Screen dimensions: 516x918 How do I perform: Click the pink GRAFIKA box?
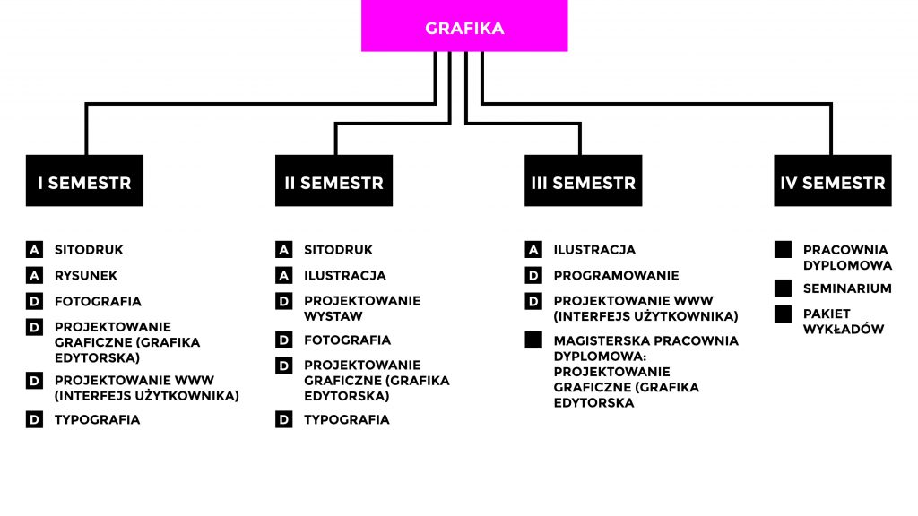click(464, 26)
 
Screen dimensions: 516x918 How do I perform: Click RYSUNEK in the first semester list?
click(86, 276)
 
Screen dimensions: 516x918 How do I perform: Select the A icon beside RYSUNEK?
click(34, 276)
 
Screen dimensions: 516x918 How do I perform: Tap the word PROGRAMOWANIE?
click(616, 276)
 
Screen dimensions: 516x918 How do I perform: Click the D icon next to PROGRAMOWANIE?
click(534, 276)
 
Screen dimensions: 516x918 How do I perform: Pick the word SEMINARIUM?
click(847, 288)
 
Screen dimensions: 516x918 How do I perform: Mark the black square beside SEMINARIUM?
click(784, 288)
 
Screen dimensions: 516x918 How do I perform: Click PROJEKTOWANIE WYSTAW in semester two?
click(361, 308)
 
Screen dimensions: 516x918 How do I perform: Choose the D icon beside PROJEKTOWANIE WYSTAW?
click(284, 301)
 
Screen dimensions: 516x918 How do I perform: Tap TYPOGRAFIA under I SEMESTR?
click(97, 419)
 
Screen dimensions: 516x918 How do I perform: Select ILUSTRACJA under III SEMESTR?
click(594, 250)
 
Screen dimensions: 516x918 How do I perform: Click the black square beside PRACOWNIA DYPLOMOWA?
click(784, 250)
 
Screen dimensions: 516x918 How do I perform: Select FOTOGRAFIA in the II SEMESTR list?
click(347, 340)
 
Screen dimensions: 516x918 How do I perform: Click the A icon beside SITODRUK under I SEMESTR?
click(34, 250)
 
